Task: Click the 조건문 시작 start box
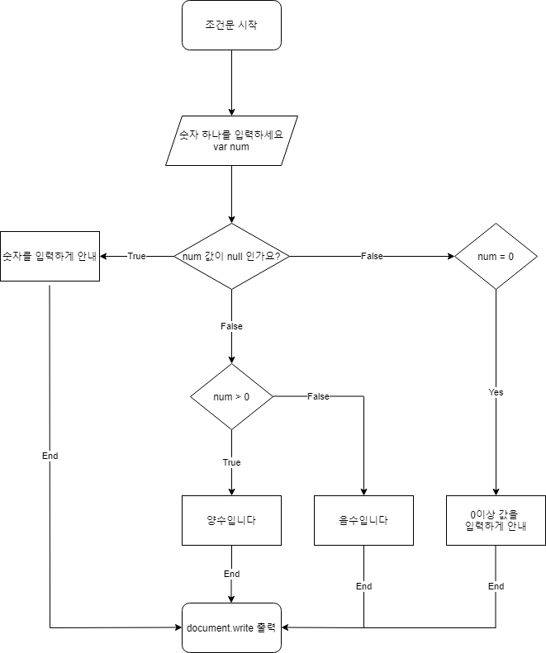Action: point(231,25)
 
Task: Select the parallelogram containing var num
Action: point(231,140)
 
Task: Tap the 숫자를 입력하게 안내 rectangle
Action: point(50,256)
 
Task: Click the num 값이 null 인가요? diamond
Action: point(231,256)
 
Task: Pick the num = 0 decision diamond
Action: point(496,256)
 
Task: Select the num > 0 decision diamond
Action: point(231,396)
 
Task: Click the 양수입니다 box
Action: point(231,520)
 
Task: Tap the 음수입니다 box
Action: point(363,520)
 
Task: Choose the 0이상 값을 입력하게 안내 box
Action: point(496,520)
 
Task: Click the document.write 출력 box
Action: point(231,627)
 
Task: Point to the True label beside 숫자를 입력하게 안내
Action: point(136,256)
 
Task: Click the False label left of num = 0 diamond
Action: point(372,256)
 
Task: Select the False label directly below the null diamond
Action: point(231,326)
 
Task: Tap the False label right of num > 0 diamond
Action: point(318,396)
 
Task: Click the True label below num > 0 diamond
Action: point(231,462)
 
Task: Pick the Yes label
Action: point(496,392)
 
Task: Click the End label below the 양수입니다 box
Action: point(231,574)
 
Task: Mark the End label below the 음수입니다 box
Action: point(363,586)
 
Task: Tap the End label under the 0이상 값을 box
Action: point(496,586)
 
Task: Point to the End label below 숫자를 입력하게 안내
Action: point(50,456)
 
